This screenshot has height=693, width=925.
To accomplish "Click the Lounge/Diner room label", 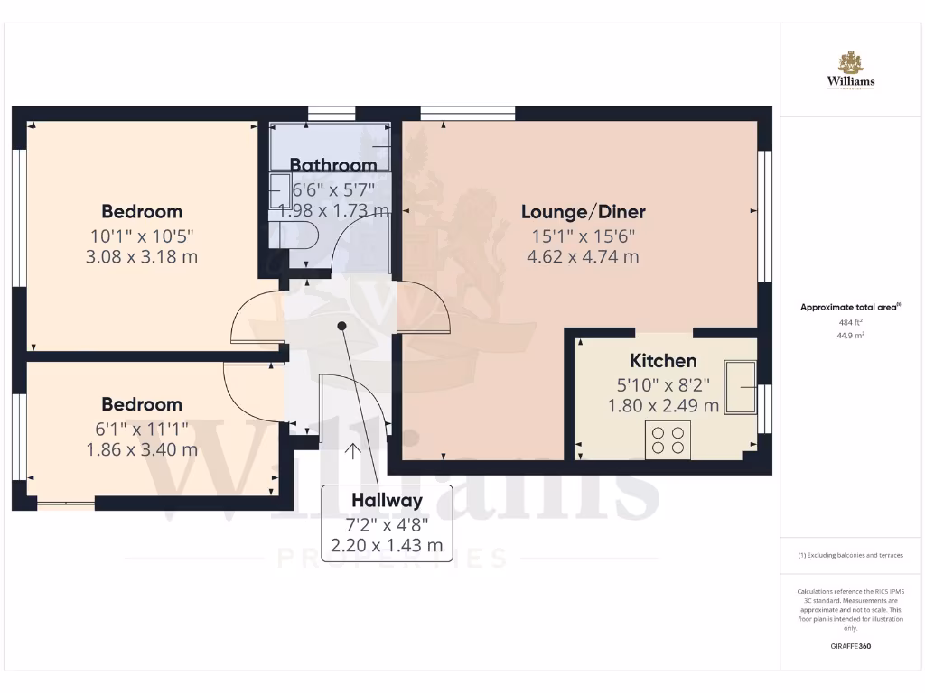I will tap(583, 212).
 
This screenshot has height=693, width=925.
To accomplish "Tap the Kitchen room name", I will tap(663, 361).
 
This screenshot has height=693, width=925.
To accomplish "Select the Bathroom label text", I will tap(333, 165).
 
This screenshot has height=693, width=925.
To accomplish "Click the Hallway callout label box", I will tap(387, 523).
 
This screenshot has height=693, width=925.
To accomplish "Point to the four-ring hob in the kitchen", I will tap(668, 439).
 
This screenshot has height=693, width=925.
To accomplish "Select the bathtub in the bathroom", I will tap(331, 146).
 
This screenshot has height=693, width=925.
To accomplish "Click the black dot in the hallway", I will tap(341, 327).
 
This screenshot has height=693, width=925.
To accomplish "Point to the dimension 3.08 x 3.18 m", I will tap(142, 256).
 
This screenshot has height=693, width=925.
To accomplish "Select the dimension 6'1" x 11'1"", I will tap(142, 428).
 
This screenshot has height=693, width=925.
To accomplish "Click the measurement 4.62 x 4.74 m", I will tap(583, 256).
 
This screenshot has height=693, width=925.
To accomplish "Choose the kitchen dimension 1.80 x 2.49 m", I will tap(663, 405).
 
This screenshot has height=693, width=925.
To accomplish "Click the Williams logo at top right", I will tap(850, 70).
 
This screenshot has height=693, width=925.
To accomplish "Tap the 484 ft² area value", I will tap(850, 320).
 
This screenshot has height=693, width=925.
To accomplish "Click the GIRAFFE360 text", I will tap(850, 646).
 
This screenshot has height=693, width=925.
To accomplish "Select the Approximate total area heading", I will tap(849, 307).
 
